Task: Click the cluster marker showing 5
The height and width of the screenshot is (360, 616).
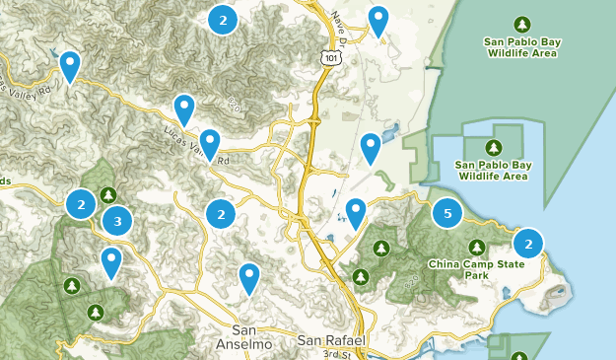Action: (x=447, y=213)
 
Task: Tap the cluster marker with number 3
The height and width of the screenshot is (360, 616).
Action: (x=117, y=221)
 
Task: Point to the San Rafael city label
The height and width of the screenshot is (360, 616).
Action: (x=331, y=340)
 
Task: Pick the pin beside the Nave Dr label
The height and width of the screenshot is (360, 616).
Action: (x=377, y=20)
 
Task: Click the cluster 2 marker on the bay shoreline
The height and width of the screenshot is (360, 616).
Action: (x=528, y=243)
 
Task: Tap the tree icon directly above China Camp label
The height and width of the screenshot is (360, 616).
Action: (x=477, y=247)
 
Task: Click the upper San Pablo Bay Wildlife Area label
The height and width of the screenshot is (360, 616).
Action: (x=521, y=47)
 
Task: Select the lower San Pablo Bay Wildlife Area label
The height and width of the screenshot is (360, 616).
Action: (x=492, y=170)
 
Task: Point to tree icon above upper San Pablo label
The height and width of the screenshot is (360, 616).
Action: (x=521, y=24)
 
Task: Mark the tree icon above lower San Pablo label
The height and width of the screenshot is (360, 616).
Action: (x=492, y=146)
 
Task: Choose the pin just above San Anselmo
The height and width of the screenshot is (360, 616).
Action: (x=249, y=278)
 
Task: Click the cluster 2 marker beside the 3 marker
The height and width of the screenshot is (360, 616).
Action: (x=81, y=204)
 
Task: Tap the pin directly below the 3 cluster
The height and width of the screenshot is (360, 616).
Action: (x=111, y=261)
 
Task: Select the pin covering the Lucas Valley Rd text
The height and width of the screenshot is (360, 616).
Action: (x=209, y=144)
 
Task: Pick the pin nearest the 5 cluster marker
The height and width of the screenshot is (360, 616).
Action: (x=356, y=212)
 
